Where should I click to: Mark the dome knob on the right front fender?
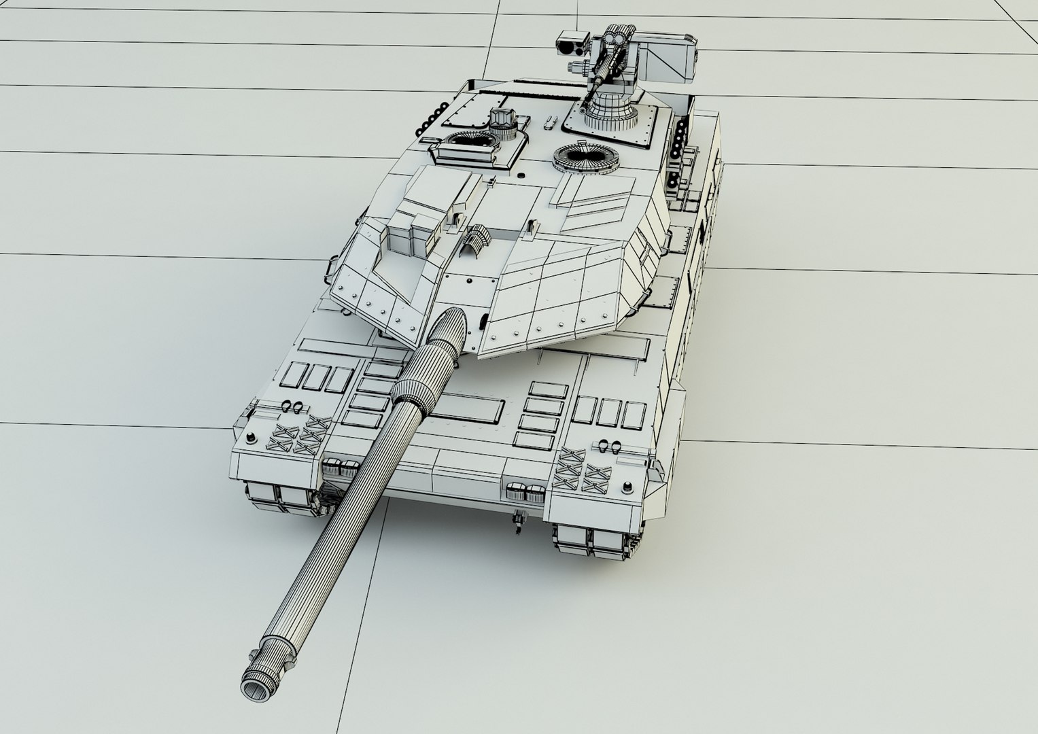click(x=625, y=487)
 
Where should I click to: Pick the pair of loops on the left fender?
click(x=292, y=406)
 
